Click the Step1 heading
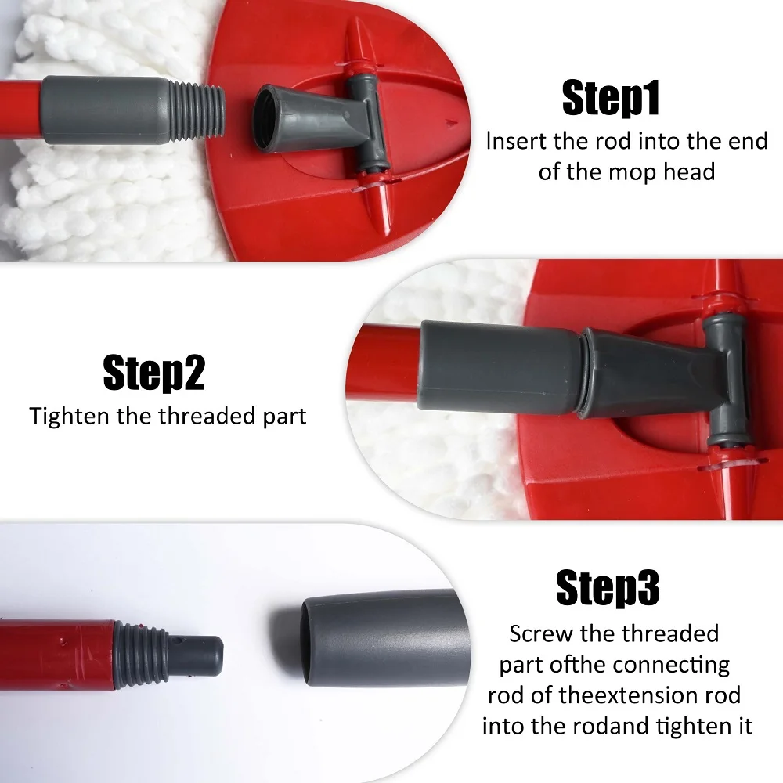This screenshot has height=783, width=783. pos(610,99)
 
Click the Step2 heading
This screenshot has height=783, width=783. pos(153,373)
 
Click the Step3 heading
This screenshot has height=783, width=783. pos(608,587)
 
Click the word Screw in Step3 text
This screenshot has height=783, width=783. pos(541,634)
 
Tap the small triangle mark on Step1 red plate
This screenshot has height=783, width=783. pos(452,122)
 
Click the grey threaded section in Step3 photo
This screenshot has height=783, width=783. pos(140,655)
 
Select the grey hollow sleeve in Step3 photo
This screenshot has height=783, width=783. pos(384,639)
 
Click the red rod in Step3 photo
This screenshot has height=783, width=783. pos(57,655)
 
